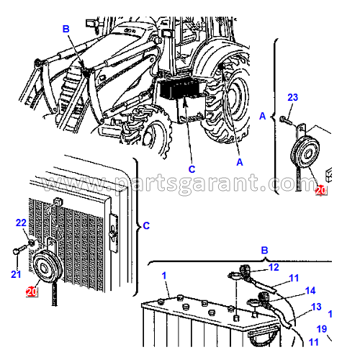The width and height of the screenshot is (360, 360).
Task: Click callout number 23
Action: point(292,97)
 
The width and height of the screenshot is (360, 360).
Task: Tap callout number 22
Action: point(21,222)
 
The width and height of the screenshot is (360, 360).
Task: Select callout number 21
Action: point(16,274)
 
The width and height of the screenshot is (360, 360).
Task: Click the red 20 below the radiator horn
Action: point(32,292)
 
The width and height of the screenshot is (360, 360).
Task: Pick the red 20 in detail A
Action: point(321,191)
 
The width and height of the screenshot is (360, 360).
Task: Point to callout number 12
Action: point(274,267)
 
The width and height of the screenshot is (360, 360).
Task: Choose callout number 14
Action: point(310,291)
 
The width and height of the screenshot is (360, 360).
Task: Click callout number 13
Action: point(316,307)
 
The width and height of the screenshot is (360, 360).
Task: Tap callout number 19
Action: point(322,329)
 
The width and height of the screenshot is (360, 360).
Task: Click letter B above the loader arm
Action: point(66,29)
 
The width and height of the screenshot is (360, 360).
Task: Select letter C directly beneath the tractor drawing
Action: point(192,169)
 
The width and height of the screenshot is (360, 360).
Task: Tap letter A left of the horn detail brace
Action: point(263,116)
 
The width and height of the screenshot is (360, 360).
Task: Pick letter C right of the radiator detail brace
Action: point(146,225)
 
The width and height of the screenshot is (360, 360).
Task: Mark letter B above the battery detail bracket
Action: point(264,251)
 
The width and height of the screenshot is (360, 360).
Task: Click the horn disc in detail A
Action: point(305,152)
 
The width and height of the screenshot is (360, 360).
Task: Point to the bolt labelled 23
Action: point(286,120)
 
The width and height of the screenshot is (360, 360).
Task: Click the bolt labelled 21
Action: point(19,248)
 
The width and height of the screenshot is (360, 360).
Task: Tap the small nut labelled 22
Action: point(32,243)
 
